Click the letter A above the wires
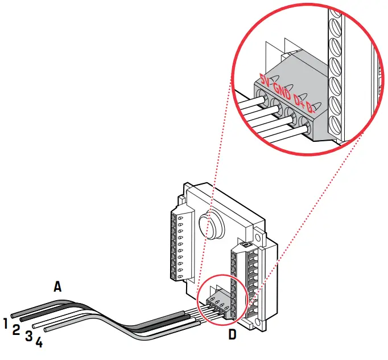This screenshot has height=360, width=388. [57, 286]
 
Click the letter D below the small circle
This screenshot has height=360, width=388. [232, 335]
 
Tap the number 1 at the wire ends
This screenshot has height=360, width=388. [5, 324]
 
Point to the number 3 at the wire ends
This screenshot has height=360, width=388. [28, 336]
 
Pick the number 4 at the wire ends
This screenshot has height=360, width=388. [39, 342]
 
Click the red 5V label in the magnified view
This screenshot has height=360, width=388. [264, 79]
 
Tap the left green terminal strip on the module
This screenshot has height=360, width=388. [176, 245]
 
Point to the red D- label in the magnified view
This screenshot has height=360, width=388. [310, 108]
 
